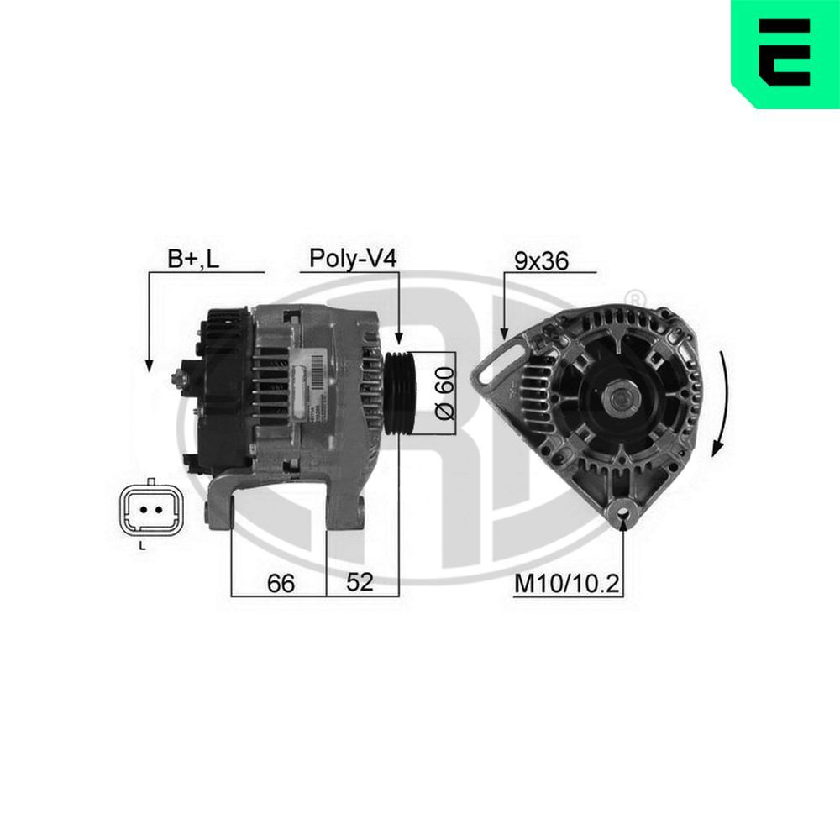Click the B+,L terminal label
[192, 259]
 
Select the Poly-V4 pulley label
[352, 258]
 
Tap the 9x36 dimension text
[541, 260]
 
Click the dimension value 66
[281, 583]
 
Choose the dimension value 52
[359, 583]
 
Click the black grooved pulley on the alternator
[401, 393]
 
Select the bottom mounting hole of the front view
[622, 507]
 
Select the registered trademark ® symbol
[637, 298]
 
